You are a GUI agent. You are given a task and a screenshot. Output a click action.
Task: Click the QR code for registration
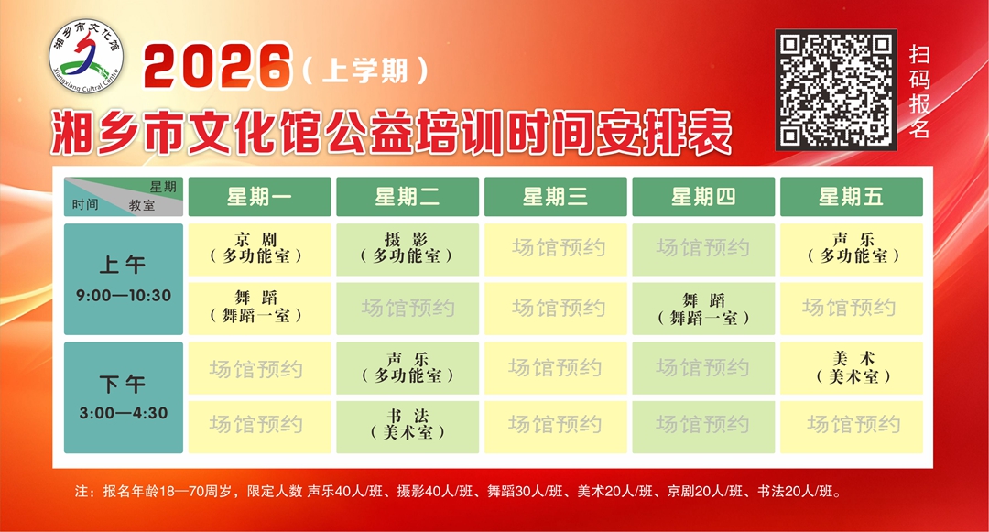point(835,89)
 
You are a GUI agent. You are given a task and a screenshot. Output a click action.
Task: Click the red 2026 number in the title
point(217,68)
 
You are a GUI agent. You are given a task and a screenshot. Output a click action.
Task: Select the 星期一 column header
point(259,197)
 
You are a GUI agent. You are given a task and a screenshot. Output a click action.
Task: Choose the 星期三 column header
point(555,197)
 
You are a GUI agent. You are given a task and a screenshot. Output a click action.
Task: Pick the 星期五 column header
point(852,197)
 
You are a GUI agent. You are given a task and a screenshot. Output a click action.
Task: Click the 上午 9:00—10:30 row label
point(124,279)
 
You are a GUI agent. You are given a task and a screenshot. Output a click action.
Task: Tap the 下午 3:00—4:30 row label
point(124,397)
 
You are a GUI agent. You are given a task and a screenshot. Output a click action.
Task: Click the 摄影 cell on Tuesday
point(408,248)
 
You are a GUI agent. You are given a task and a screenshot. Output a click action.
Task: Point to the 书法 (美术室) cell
point(408,424)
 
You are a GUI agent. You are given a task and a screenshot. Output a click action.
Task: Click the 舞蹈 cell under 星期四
point(703,309)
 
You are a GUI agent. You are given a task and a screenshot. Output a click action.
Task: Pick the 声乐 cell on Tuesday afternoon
point(408,367)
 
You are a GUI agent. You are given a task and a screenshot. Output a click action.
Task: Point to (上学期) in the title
point(365,70)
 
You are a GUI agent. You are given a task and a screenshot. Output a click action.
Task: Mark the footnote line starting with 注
point(458,492)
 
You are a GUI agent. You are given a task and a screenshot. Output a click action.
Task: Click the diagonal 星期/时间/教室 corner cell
point(124,196)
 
